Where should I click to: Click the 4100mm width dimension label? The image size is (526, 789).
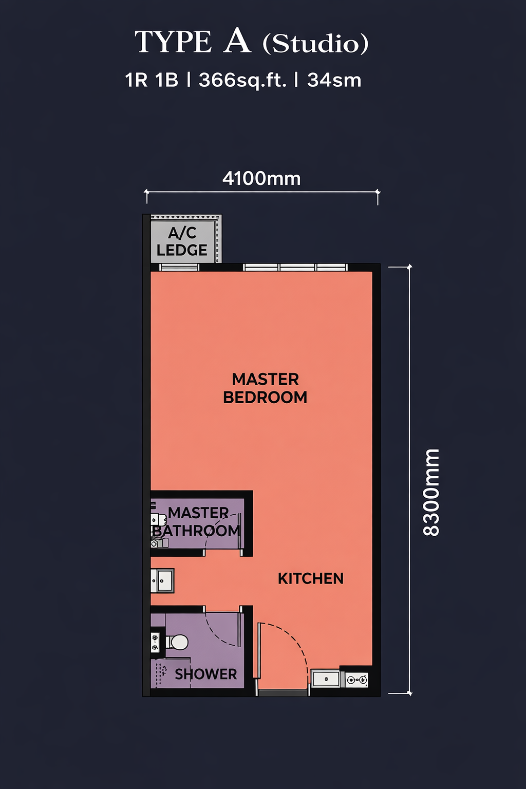pos(261,179)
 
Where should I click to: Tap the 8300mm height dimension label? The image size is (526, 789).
pos(431,493)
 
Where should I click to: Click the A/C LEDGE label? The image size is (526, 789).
pos(182,241)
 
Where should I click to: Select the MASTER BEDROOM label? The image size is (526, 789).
pos(265,388)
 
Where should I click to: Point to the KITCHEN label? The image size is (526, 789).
pos(310,579)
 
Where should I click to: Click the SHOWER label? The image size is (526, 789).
pos(206,674)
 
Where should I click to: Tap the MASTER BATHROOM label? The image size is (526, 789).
pos(197,522)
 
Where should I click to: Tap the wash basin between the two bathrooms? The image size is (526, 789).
pos(162,580)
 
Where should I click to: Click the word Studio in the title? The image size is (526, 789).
pos(315,44)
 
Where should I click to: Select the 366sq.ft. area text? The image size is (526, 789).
pos(242,80)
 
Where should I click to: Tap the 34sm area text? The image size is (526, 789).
pos(334,80)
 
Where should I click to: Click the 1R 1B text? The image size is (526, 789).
pos(152,80)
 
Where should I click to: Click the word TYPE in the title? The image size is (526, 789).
pos(173,42)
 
